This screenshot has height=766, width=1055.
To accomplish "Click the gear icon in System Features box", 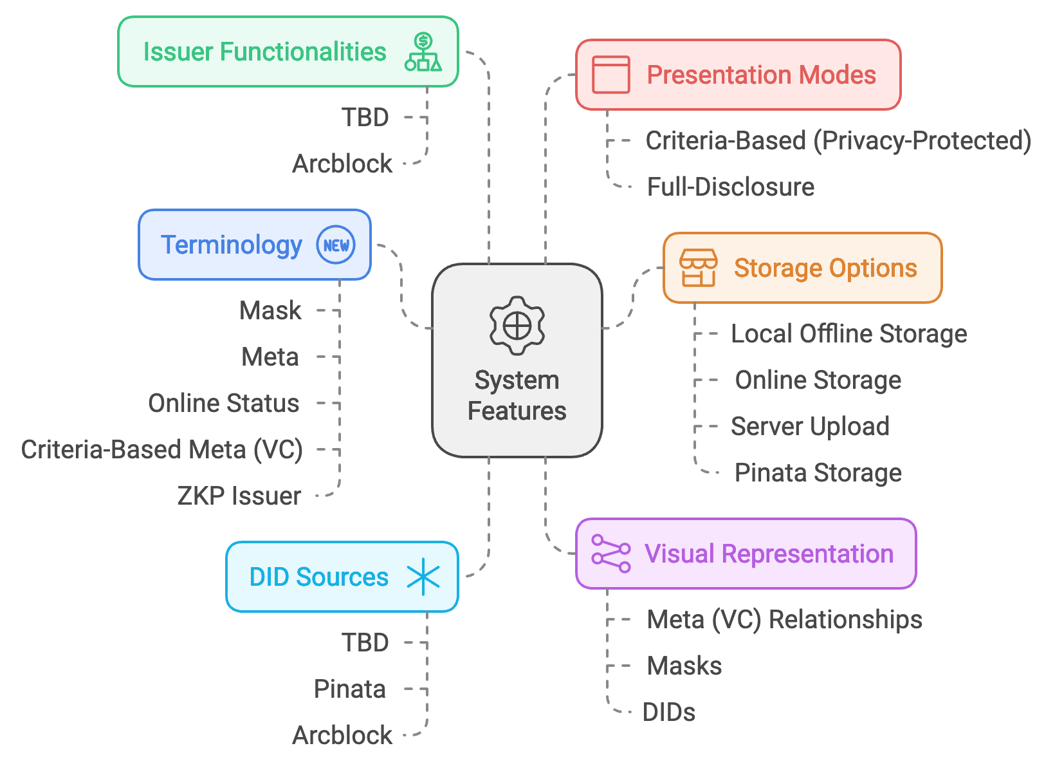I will click(x=517, y=326).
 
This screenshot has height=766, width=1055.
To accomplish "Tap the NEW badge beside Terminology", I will click(x=336, y=245).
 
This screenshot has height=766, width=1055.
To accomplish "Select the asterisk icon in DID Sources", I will click(x=423, y=577).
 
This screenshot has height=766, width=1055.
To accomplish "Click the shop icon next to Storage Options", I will click(x=698, y=268).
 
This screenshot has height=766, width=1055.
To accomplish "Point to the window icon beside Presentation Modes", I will click(x=610, y=75).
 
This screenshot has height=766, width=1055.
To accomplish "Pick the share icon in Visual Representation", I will click(x=610, y=554).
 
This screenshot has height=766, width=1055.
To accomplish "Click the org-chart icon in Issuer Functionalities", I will click(x=423, y=52).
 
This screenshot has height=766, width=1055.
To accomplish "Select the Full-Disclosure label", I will click(x=730, y=187).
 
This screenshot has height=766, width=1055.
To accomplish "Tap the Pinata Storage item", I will click(x=818, y=473).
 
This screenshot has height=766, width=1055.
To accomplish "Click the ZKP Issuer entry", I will click(x=239, y=496).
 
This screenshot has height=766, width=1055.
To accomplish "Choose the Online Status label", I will click(x=224, y=404).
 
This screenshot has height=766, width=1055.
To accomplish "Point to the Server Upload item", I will click(x=810, y=427).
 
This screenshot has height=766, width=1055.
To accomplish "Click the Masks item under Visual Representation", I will click(x=684, y=666).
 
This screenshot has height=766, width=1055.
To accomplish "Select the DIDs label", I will click(x=669, y=713).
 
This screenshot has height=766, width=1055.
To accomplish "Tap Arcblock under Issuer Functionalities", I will click(x=342, y=164).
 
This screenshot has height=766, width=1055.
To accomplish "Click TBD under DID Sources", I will click(x=365, y=643).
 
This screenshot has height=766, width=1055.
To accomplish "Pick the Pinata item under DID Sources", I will click(x=349, y=689).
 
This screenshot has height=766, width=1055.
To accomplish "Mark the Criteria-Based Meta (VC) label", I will click(x=161, y=450).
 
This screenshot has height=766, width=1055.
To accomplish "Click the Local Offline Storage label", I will click(x=849, y=334).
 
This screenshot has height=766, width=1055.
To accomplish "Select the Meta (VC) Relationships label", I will click(x=784, y=620).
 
